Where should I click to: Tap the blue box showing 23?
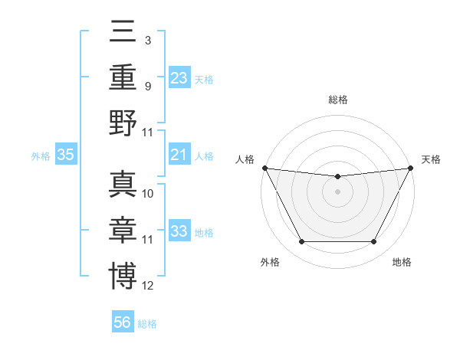pyautogui.click(x=179, y=77)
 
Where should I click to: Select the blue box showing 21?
pyautogui.click(x=179, y=155)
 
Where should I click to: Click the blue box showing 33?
pyautogui.click(x=179, y=231)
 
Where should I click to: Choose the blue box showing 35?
pyautogui.click(x=66, y=155)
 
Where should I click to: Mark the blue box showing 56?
pyautogui.click(x=123, y=322)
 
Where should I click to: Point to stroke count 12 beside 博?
pyautogui.click(x=148, y=286)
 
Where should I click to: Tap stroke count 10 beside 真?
pyautogui.click(x=148, y=194)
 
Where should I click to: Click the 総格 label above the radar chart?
pyautogui.click(x=337, y=100)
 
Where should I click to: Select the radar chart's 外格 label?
pyautogui.click(x=270, y=262)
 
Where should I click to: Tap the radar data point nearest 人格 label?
pyautogui.click(x=264, y=168)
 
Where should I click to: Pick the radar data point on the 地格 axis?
pyautogui.click(x=374, y=242)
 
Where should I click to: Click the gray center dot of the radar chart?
pyautogui.click(x=337, y=191)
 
